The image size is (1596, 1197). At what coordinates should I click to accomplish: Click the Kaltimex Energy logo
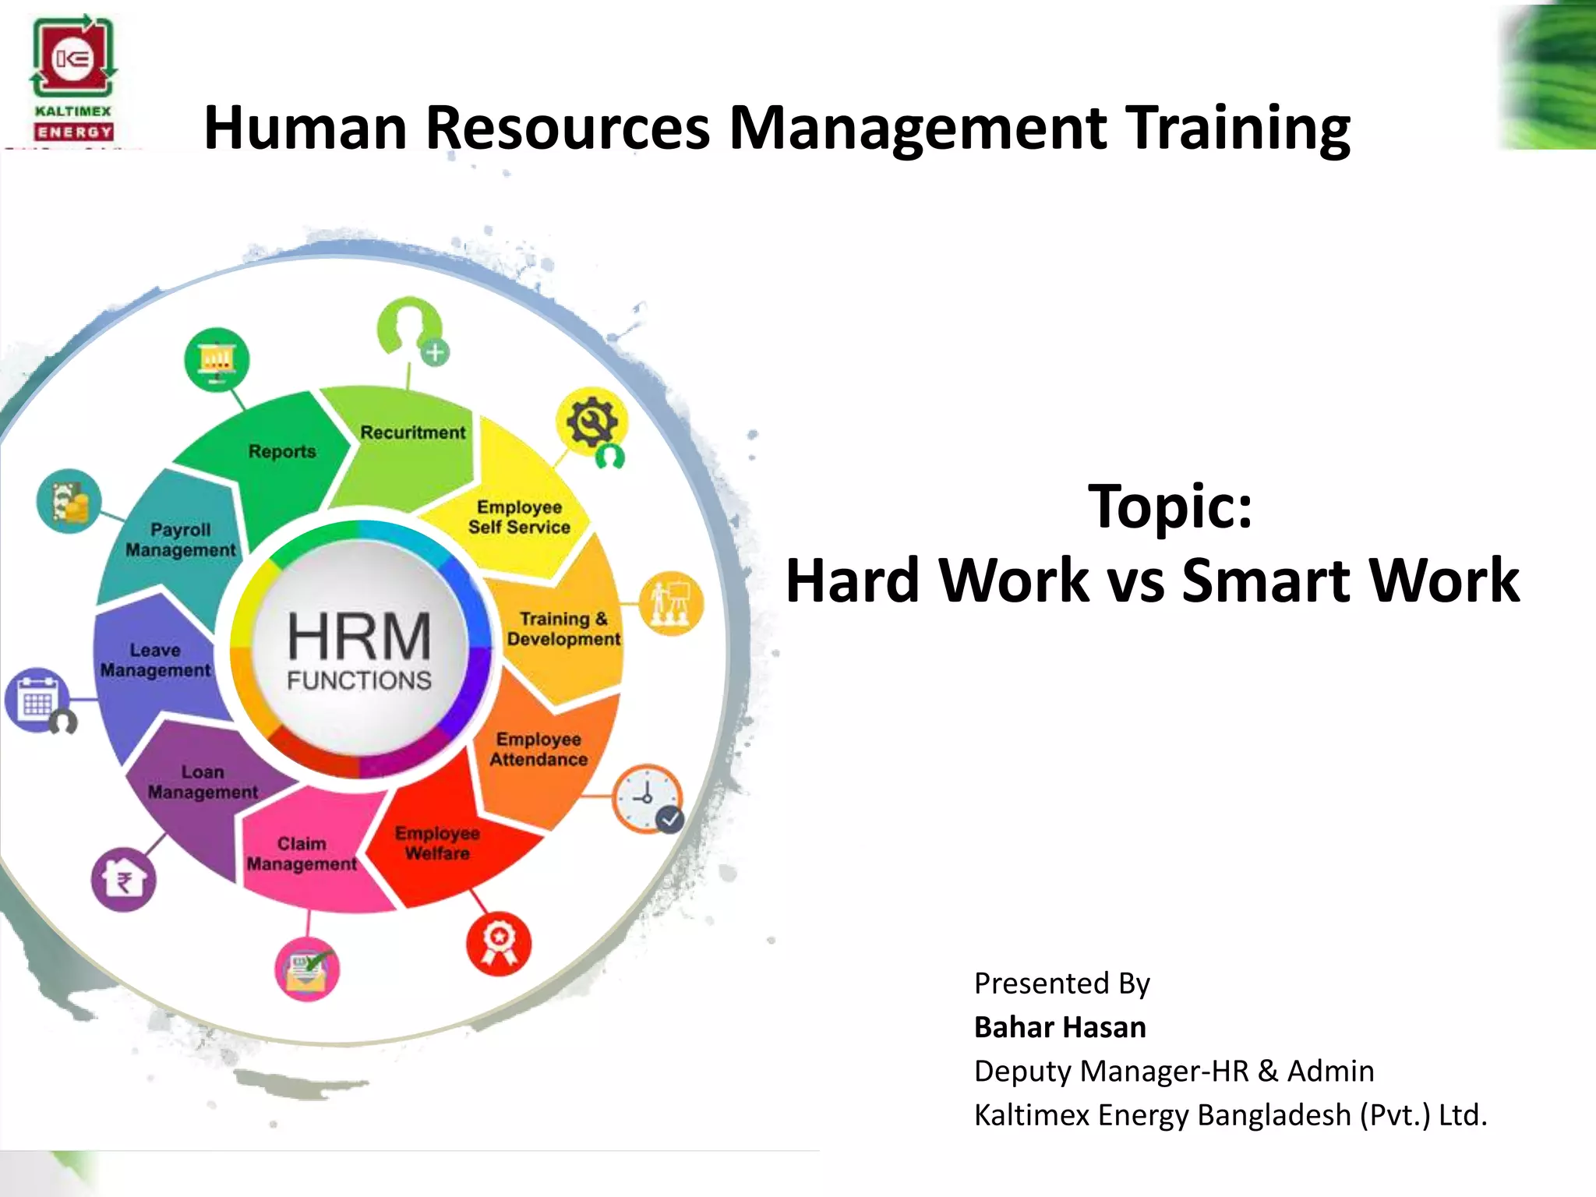pos(73,78)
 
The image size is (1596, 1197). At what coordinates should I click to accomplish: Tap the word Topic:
pos(1169,507)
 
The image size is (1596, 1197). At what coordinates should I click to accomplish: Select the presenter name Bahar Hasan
pos(1060,1027)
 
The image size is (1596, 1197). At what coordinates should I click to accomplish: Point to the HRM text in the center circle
pos(359,636)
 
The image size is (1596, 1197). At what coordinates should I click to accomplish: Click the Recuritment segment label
pos(412,433)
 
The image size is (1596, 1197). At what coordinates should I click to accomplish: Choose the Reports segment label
pos(282,451)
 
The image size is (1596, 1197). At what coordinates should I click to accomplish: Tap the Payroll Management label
pos(180,539)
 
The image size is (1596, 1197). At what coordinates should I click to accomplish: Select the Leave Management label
pos(155,660)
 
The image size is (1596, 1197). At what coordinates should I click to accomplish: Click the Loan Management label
pos(203,782)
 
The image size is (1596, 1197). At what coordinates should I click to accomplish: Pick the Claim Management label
pos(302,854)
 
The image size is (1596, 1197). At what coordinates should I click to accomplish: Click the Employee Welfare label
pos(437,843)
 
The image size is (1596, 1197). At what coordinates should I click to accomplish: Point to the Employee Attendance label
pos(538,749)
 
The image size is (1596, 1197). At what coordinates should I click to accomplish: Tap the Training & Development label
pos(563,629)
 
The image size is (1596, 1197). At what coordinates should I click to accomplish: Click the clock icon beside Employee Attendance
pos(647,799)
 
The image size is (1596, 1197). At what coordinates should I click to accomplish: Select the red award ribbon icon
pos(499,943)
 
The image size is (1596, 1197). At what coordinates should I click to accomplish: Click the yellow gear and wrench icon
pos(592,422)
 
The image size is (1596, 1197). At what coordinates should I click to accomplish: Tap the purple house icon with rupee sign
pos(123,880)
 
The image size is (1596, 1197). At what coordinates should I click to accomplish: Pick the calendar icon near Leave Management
pos(37,699)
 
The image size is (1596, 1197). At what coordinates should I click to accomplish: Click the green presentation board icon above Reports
pos(217,360)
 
